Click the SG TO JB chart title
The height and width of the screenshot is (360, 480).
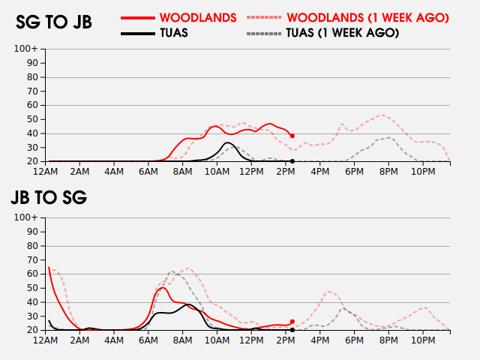pos(54,22)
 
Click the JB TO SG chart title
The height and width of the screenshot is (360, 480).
pos(49,198)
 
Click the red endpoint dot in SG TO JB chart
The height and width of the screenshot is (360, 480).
pos(292,136)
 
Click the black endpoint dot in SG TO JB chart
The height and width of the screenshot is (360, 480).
pos(292,161)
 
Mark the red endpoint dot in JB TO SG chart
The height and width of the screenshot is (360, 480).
pos(292,322)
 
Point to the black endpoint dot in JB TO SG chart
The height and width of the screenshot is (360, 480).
pos(292,330)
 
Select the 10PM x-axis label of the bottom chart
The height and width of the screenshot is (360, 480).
pos(424,340)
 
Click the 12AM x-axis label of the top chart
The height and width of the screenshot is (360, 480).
pos(46,171)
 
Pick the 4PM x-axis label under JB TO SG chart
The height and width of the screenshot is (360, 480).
pos(320,340)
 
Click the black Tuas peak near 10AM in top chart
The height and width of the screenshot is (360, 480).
pos(228,142)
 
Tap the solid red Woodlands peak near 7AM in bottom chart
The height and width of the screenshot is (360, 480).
pos(163,287)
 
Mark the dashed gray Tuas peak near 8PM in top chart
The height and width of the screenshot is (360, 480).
pos(390,137)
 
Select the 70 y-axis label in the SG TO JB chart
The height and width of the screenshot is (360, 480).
pos(32,91)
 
